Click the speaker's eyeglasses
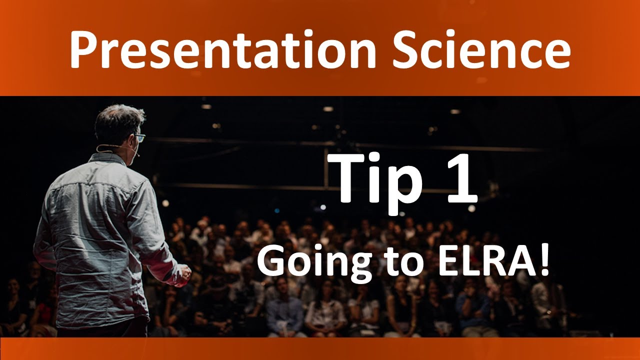point(139,137)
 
